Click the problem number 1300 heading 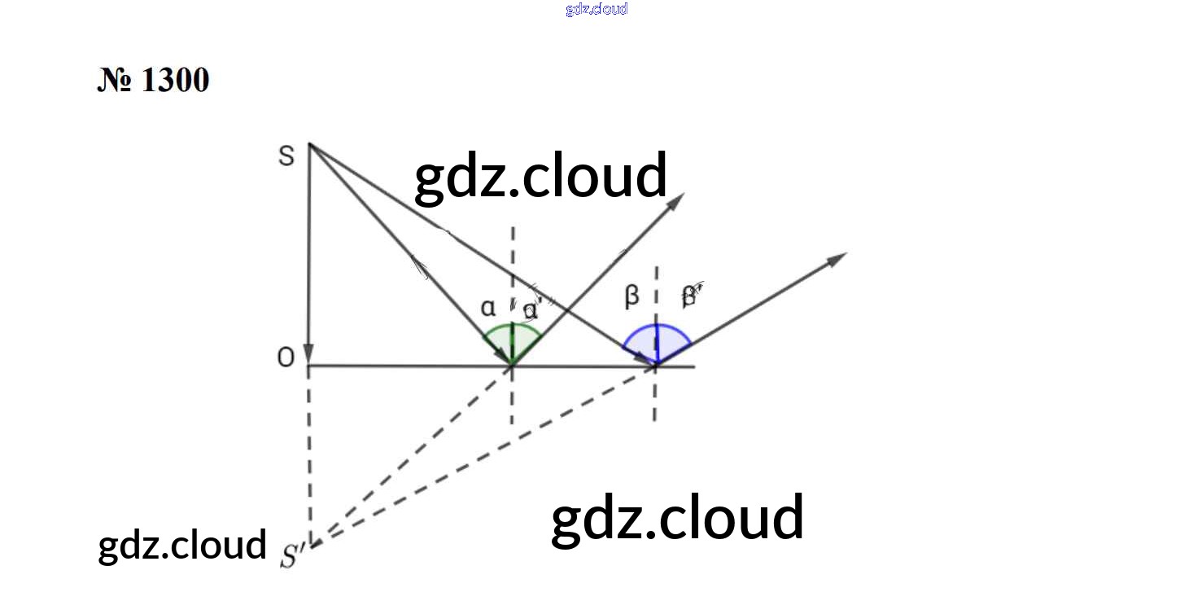pyautogui.click(x=153, y=81)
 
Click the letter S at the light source pyautogui.click(x=286, y=156)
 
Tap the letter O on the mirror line pyautogui.click(x=286, y=358)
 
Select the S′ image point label pyautogui.click(x=291, y=555)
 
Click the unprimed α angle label pyautogui.click(x=487, y=308)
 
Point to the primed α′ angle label pyautogui.click(x=531, y=310)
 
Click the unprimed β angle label pyautogui.click(x=631, y=298)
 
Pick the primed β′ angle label pyautogui.click(x=690, y=297)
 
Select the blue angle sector pyautogui.click(x=657, y=342)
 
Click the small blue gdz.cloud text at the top pyautogui.click(x=596, y=9)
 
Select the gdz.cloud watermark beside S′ pyautogui.click(x=182, y=545)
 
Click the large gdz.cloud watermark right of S pyautogui.click(x=540, y=176)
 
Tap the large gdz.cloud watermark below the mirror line pyautogui.click(x=677, y=518)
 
